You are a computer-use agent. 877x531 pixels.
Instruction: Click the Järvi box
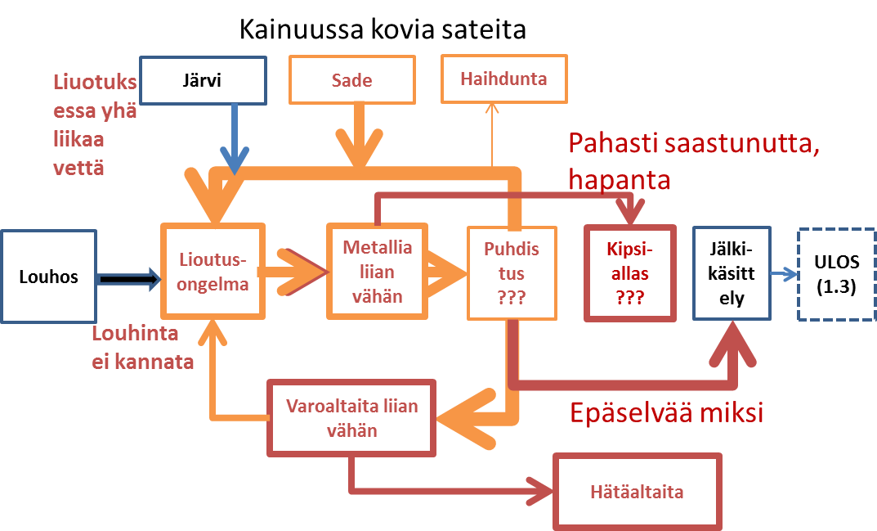(203, 80)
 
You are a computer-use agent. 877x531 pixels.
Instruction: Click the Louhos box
(48, 277)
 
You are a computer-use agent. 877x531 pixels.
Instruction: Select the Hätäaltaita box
(638, 492)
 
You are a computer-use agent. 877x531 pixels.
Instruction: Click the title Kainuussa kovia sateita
(383, 30)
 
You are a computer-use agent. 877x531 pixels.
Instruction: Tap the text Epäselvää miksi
(666, 412)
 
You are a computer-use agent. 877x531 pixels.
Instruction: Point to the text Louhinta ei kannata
(142, 348)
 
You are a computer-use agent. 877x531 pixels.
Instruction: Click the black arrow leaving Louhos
(128, 280)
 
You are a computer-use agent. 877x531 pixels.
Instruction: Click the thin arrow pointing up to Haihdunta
(492, 135)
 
